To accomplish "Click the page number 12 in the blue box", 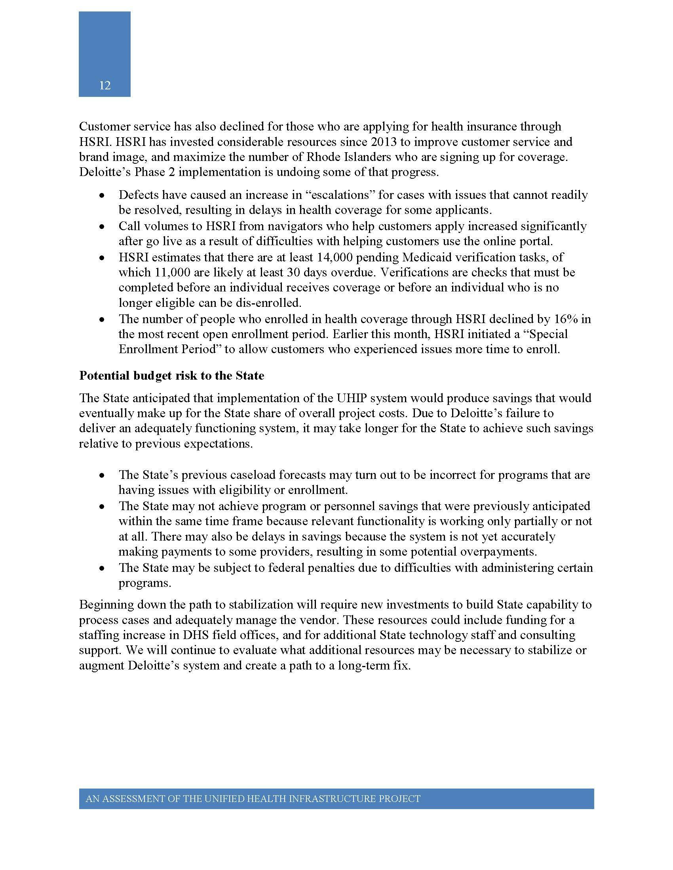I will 105,86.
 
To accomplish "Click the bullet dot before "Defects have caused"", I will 103,196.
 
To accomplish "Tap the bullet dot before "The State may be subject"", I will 103,568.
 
